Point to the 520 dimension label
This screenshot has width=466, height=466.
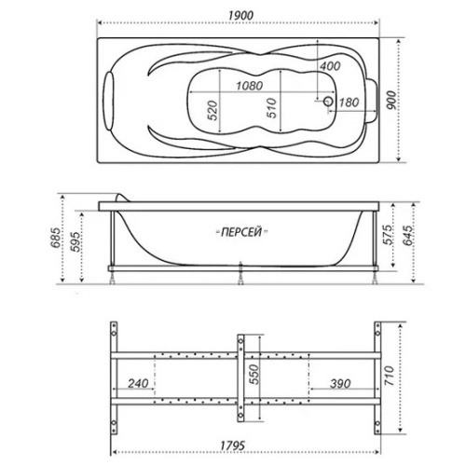click(x=212, y=114)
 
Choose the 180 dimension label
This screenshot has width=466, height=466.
click(x=349, y=102)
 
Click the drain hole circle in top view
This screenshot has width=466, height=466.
click(x=326, y=101)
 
